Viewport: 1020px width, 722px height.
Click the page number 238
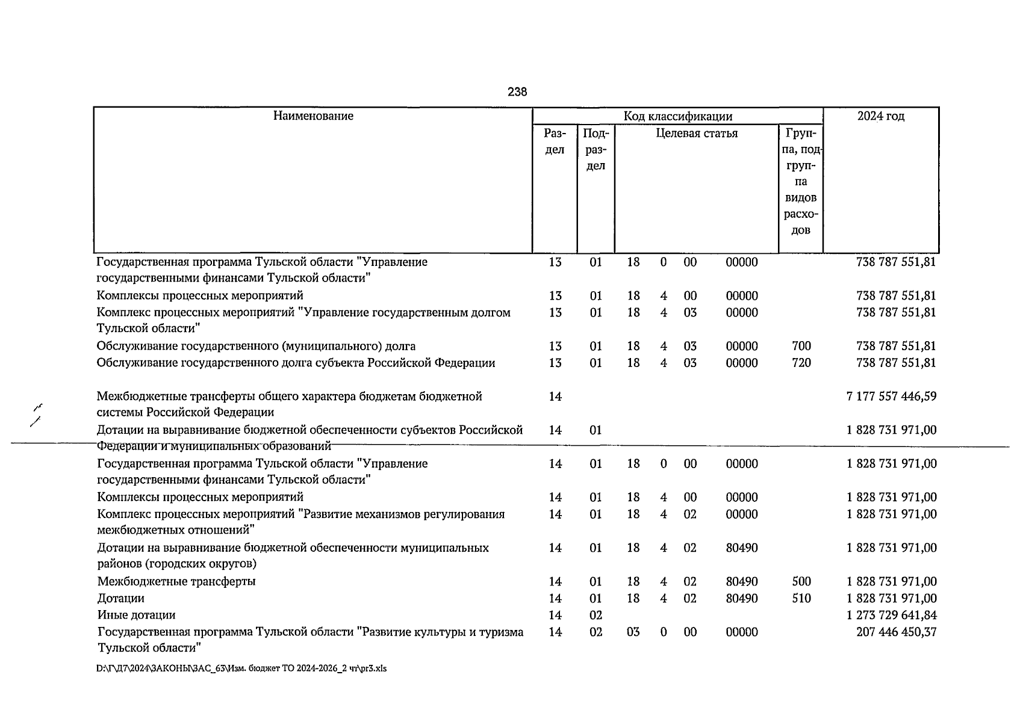pos(517,92)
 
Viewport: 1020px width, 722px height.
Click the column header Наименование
pos(313,116)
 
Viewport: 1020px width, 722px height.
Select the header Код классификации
pos(677,116)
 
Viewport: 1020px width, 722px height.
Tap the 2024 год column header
pos(880,116)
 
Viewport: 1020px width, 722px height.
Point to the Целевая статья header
pos(696,133)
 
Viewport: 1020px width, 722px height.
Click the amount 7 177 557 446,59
pos(891,396)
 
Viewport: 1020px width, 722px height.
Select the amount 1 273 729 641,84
pos(891,615)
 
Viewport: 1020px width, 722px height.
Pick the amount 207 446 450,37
pos(896,632)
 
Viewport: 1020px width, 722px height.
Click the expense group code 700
pos(801,346)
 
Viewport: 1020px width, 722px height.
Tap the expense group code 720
pos(801,363)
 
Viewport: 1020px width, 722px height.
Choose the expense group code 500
pos(801,581)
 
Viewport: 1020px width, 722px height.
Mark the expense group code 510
pos(801,598)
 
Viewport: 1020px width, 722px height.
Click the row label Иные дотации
pos(137,615)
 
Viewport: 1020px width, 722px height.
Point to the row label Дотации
pos(121,598)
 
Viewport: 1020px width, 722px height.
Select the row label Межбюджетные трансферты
pos(176,581)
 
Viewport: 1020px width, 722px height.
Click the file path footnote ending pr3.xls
pos(241,668)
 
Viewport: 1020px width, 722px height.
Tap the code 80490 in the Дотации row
pos(742,598)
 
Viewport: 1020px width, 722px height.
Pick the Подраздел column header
pos(596,149)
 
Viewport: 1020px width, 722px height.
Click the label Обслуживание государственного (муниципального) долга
pos(256,346)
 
